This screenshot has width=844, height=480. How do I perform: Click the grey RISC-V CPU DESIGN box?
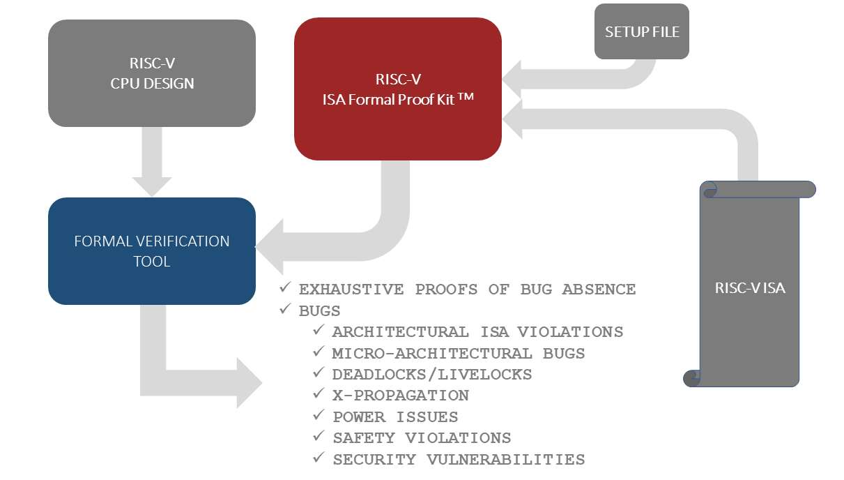[152, 73]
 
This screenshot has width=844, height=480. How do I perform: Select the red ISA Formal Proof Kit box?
[397, 89]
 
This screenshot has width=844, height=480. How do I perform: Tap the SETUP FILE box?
[642, 32]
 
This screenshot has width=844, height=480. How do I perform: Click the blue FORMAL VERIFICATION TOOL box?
[152, 251]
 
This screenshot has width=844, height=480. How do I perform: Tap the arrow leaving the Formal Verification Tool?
[195, 381]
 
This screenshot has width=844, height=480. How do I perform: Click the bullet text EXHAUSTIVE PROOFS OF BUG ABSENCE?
[467, 290]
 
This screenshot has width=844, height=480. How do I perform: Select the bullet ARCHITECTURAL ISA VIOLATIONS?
[477, 332]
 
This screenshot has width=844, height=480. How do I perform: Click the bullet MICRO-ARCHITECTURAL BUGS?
[459, 354]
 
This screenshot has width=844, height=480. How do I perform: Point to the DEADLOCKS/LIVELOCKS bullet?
[432, 375]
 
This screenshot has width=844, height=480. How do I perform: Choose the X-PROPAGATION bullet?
[401, 396]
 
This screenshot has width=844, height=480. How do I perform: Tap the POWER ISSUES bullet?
[395, 417]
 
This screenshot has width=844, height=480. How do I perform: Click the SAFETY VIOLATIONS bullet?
[422, 438]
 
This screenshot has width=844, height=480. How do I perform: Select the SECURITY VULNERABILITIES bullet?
[459, 460]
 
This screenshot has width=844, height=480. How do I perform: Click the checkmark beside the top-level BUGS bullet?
[284, 310]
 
